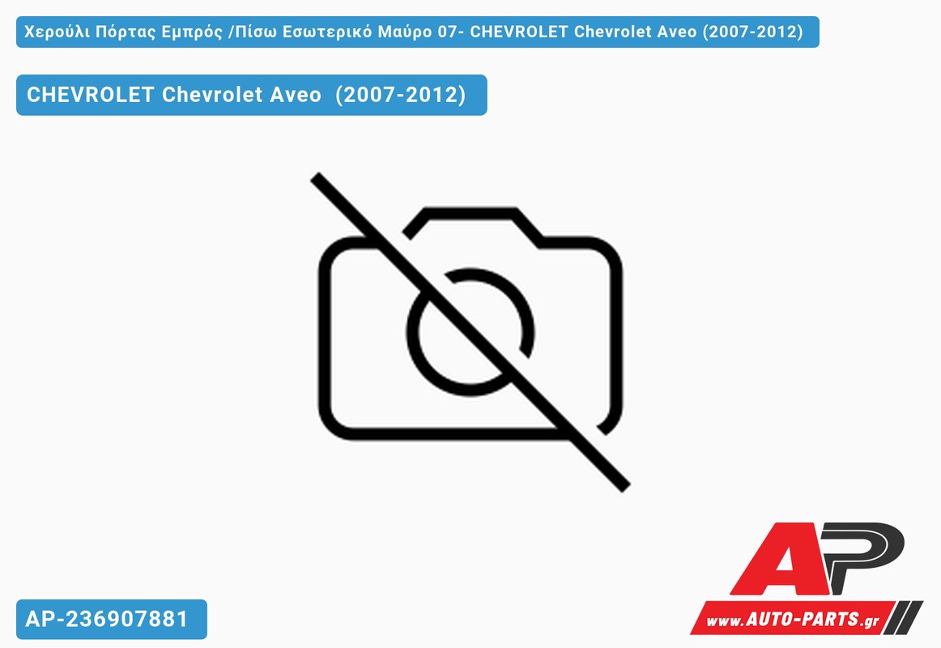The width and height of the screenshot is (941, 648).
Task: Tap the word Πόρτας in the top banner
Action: pos(126,32)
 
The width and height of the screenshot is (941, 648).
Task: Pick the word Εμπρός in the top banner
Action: pos(192,32)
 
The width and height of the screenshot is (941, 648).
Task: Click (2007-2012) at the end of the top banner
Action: pos(752,32)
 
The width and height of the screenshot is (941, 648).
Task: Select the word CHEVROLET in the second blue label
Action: pos(90,95)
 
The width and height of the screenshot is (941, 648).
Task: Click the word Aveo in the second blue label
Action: pos(296,95)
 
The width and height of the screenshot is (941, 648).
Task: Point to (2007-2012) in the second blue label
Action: pos(400,95)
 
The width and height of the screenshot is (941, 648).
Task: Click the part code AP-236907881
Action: pos(107,619)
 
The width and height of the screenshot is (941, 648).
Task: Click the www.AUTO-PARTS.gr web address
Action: pos(792,619)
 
